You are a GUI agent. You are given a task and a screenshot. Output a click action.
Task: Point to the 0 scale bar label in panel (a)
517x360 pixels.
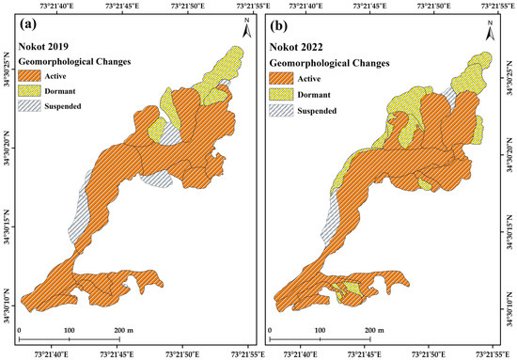point(19,331)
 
